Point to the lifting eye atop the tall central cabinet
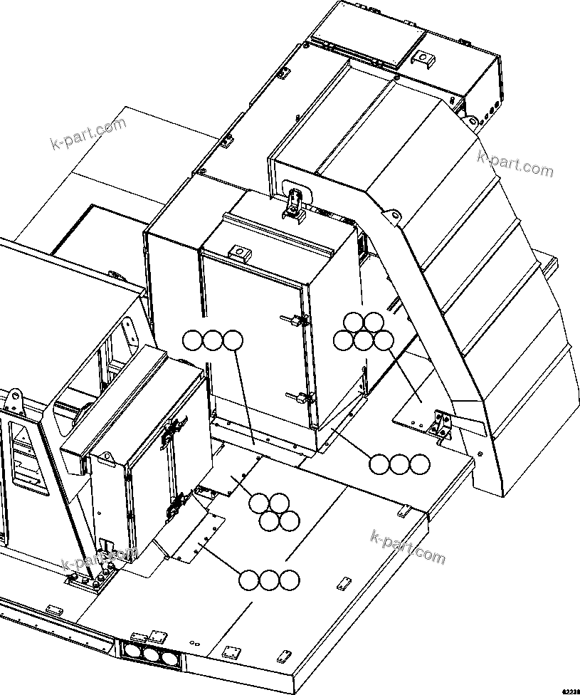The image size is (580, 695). [x=240, y=251]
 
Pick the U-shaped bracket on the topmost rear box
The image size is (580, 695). [x=424, y=58]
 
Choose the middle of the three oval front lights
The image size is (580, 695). [x=150, y=654]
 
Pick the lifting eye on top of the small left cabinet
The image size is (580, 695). [x=109, y=459]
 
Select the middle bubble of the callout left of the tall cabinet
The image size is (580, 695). [x=213, y=340]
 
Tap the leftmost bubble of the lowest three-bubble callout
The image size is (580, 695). [x=248, y=580]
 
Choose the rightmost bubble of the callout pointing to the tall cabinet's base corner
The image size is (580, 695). [x=421, y=464]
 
